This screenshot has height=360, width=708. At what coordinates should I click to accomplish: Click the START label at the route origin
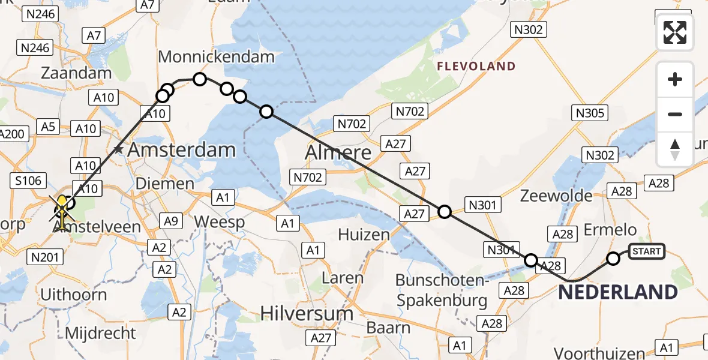click(x=646, y=251)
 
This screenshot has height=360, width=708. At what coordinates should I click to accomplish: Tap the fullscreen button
click(x=675, y=32)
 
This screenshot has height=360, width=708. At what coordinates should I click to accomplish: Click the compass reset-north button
click(x=675, y=149)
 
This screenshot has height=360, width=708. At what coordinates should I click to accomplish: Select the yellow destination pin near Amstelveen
click(x=62, y=207)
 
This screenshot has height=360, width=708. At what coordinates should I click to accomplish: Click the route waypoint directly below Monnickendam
click(x=200, y=79)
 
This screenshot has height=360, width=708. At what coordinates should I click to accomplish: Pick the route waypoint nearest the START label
click(x=613, y=259)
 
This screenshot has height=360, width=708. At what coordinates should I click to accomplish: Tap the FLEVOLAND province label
click(x=476, y=66)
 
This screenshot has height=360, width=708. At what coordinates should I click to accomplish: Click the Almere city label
click(x=338, y=152)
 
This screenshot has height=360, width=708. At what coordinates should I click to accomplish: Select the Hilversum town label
click(x=307, y=313)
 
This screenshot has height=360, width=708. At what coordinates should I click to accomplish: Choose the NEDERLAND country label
click(x=618, y=292)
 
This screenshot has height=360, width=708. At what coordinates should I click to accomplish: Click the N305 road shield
click(x=590, y=112)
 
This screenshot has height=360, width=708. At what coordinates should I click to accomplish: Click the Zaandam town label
click(x=76, y=73)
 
